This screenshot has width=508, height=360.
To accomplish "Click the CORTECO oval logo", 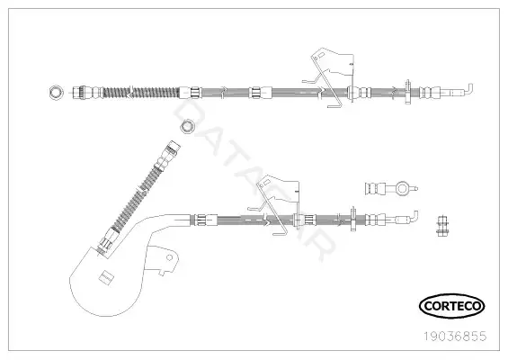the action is click(451, 306).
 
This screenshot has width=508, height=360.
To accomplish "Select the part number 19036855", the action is click(456, 337).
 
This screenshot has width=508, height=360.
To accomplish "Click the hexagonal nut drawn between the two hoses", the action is click(187, 126).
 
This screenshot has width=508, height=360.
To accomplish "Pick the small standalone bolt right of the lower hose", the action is click(441, 226).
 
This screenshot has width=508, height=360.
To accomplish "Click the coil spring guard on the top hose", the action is click(140, 93).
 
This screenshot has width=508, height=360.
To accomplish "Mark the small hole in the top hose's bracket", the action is click(316, 58).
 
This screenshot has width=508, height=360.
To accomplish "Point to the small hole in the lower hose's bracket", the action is click(261, 185).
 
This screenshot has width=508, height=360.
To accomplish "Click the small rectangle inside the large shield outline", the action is click(106, 276).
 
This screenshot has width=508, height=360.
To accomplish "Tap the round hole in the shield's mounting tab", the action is click(169, 257).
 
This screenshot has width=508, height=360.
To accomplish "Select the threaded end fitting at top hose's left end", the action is click(79, 93).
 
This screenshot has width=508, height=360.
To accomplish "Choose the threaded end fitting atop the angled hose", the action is click(173, 148).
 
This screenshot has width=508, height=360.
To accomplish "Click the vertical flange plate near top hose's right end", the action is click(407, 93).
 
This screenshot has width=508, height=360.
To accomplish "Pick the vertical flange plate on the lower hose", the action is click(353, 219).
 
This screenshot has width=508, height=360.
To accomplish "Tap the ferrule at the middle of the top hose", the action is click(255, 93).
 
